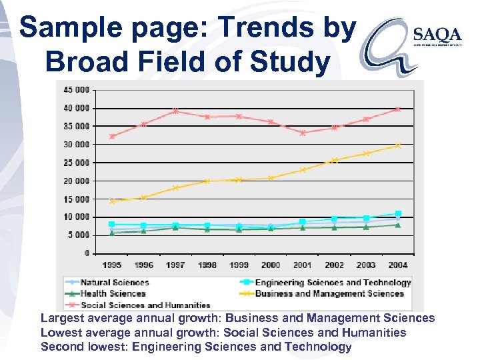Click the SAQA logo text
pos(437,34)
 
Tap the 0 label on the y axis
pos(87,253)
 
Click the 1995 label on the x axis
pos(112,265)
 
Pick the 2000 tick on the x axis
pos(271,265)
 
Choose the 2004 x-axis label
pos(397,265)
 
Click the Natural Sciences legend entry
pos(114,282)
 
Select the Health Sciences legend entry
pos(112,293)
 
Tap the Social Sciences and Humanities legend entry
pos(145,305)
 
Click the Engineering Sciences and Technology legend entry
pos(333,282)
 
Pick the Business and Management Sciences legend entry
pos(329,293)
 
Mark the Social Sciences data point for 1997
pos(175,111)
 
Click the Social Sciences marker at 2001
pos(302,133)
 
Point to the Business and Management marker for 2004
pos(397,145)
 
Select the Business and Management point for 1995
pos(112,201)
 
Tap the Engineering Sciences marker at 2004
pos(397,214)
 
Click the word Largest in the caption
pos(62,319)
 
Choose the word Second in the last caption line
pos(61,347)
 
